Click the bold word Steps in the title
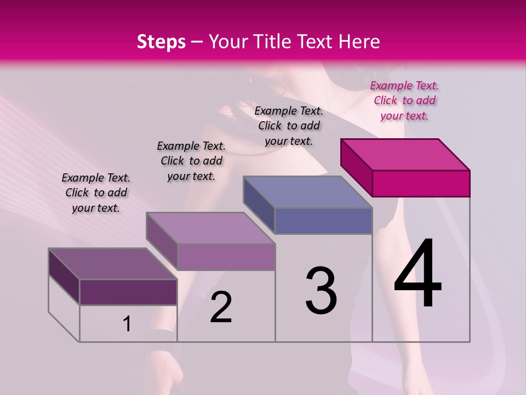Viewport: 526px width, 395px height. pos(161,42)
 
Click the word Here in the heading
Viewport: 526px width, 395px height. pos(359,42)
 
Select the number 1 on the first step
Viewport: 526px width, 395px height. pos(127,324)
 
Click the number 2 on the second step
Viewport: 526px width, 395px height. pos(221,307)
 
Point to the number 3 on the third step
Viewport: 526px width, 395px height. pos(321,291)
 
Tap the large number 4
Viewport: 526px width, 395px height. pos(418,274)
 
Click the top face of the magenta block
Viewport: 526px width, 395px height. pos(405,154)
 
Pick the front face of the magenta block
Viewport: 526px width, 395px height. pos(421,183)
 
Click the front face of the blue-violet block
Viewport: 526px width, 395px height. pos(323,221)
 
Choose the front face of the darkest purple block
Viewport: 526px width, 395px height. pos(128,292)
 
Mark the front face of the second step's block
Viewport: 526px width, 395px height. pos(226,257)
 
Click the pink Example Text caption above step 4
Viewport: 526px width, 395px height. pos(404,100)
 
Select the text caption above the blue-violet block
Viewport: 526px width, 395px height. pos(289,126)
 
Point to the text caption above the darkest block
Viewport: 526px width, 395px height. pos(96,193)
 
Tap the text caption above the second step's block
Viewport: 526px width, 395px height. pos(191,161)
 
